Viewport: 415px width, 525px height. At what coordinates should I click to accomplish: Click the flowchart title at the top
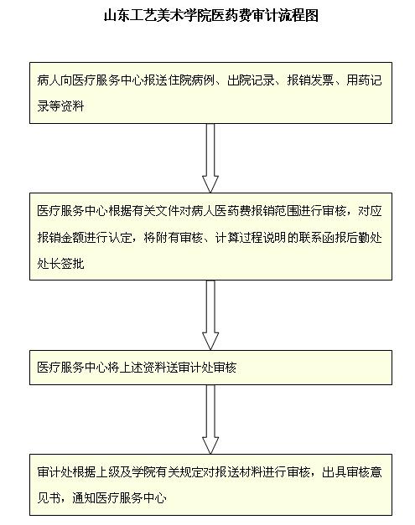pyautogui.click(x=211, y=15)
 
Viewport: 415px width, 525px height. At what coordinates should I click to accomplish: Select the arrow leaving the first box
pyautogui.click(x=210, y=158)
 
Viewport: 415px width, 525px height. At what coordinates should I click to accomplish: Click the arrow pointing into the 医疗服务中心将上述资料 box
pyautogui.click(x=210, y=315)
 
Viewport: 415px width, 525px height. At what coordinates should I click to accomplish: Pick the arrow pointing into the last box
pyautogui.click(x=210, y=419)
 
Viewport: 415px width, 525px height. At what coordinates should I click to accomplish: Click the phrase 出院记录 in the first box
pyautogui.click(x=251, y=80)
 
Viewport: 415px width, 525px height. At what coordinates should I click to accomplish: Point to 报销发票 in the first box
pyautogui.click(x=310, y=80)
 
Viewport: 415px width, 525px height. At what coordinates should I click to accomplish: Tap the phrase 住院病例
pyautogui.click(x=192, y=80)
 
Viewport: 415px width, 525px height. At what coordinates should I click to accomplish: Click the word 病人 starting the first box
pyautogui.click(x=49, y=80)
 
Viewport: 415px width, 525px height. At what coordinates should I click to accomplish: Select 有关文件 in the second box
pyautogui.click(x=156, y=211)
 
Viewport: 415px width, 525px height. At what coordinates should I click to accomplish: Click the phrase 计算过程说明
pyautogui.click(x=251, y=238)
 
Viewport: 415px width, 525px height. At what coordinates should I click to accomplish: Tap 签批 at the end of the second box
pyautogui.click(x=73, y=264)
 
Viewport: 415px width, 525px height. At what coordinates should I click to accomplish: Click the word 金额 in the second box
pyautogui.click(x=73, y=238)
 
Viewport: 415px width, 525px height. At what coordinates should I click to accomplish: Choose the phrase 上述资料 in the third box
pyautogui.click(x=144, y=368)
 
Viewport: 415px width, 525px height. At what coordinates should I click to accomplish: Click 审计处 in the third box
pyautogui.click(x=198, y=368)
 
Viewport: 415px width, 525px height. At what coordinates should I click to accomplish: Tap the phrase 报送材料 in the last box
pyautogui.click(x=239, y=472)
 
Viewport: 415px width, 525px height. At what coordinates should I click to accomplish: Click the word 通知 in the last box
pyautogui.click(x=85, y=498)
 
